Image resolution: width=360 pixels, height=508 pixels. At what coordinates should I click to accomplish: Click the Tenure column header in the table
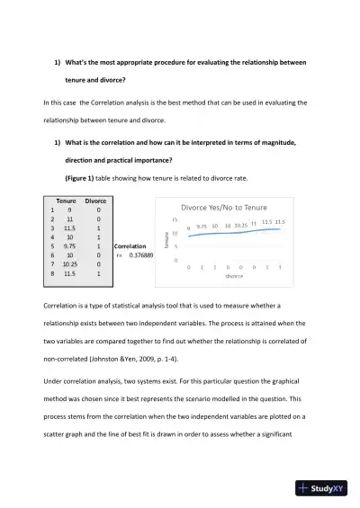pyautogui.click(x=66, y=201)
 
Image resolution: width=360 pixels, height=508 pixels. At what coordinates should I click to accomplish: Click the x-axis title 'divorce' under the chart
pyautogui.click(x=234, y=276)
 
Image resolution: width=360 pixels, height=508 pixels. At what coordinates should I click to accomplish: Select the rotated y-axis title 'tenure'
pyautogui.click(x=166, y=238)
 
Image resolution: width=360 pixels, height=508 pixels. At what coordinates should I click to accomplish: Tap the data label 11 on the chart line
pyautogui.click(x=254, y=223)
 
